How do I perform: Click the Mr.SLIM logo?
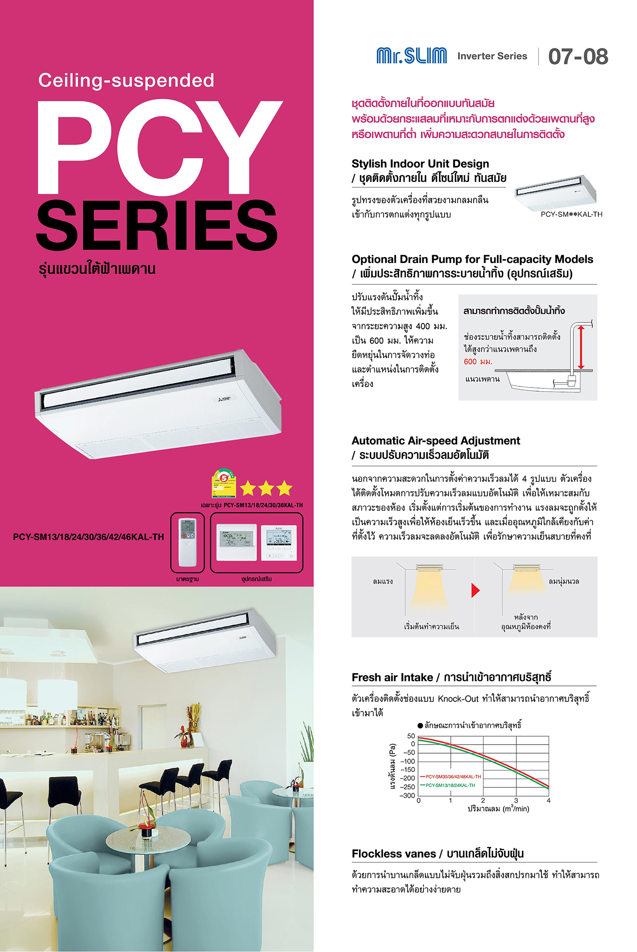click(x=411, y=55)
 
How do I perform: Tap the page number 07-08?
click(x=578, y=56)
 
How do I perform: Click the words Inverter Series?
click(x=492, y=56)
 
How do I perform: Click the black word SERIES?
click(x=157, y=226)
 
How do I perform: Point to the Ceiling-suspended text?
click(x=126, y=81)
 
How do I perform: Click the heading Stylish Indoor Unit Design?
click(x=420, y=164)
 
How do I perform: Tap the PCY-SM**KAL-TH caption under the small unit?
click(x=571, y=214)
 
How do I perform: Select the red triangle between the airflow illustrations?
click(x=475, y=590)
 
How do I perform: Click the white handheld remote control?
click(x=187, y=542)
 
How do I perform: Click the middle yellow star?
click(x=266, y=489)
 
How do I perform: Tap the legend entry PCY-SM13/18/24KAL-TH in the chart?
click(x=450, y=785)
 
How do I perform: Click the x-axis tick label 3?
click(x=516, y=801)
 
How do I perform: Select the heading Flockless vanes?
click(x=394, y=854)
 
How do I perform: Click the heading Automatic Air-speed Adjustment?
click(x=435, y=441)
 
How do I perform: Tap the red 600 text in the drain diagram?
click(x=470, y=362)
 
